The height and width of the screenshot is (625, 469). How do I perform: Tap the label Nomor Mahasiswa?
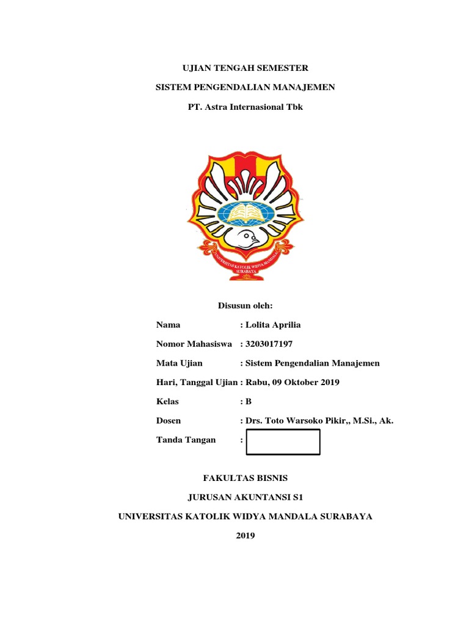[194, 344]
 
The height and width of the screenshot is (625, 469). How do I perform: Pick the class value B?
[249, 402]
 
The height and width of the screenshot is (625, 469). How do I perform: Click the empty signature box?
[283, 442]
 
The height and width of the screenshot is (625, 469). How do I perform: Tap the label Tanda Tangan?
[186, 440]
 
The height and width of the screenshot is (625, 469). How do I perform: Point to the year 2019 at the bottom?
[245, 536]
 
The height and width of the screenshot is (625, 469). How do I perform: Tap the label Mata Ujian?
[180, 363]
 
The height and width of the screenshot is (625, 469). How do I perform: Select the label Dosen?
[169, 421]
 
